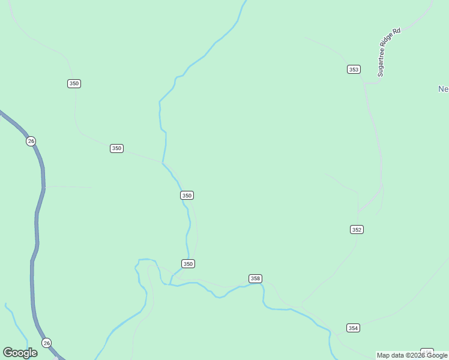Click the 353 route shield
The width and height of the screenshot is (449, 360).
click(354, 70)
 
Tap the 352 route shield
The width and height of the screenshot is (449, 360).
click(357, 229)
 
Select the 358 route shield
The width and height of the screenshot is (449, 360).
click(255, 278)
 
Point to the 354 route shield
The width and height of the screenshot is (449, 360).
click(353, 328)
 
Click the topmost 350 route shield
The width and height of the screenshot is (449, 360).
click(74, 83)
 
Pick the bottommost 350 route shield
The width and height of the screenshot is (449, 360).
click(188, 264)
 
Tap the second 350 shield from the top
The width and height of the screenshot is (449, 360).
click(116, 148)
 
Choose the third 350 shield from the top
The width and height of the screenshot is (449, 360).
click(187, 196)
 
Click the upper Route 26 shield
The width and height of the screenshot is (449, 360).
click(31, 141)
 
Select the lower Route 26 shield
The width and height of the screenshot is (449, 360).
click(47, 343)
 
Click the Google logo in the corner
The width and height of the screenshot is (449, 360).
click(20, 353)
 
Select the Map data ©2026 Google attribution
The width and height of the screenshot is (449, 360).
click(412, 355)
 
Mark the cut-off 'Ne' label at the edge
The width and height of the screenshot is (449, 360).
click(444, 89)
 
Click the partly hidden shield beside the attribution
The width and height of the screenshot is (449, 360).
click(427, 350)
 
